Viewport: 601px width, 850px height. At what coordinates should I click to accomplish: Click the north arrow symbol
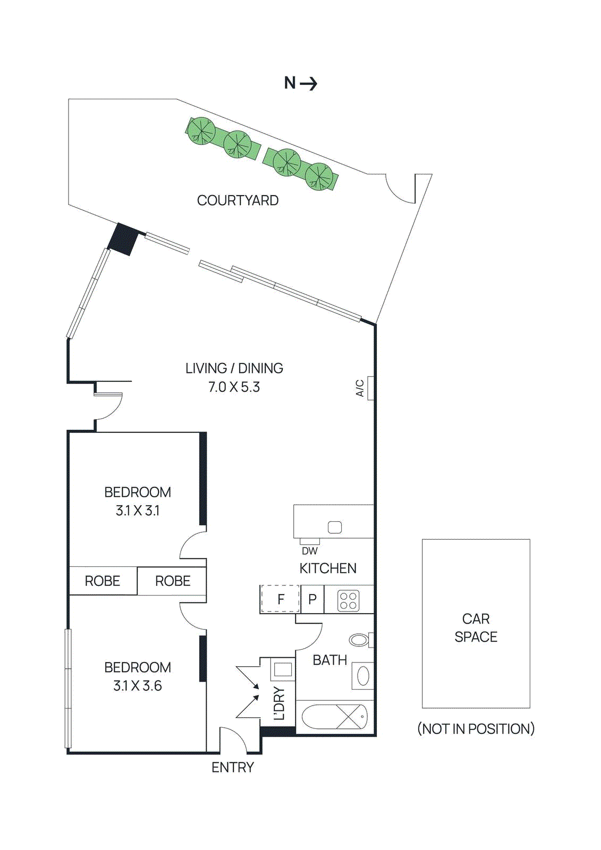point(301,83)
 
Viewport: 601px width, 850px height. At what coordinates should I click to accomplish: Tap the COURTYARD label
point(238,200)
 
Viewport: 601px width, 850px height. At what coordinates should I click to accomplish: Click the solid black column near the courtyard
point(123,239)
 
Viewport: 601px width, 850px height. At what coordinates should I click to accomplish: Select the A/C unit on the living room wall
point(370,388)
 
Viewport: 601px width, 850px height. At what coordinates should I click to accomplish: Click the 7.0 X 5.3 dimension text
point(234,387)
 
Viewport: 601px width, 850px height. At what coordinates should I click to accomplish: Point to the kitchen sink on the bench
point(335,527)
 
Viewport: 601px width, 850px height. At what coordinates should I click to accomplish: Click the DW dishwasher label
point(309,551)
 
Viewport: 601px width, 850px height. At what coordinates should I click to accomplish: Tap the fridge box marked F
point(280,599)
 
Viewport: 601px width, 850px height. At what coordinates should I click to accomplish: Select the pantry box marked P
point(312,599)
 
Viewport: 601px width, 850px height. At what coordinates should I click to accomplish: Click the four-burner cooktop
point(349,601)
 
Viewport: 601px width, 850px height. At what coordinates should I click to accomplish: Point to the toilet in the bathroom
point(360,640)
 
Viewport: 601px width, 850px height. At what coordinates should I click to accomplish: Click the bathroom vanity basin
point(363,676)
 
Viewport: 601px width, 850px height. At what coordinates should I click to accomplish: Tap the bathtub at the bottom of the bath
point(334,717)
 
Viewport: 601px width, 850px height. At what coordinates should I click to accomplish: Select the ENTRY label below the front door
point(233,767)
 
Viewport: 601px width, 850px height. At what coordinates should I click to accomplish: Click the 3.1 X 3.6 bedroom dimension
point(138,686)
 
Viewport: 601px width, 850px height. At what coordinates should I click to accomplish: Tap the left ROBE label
point(103,581)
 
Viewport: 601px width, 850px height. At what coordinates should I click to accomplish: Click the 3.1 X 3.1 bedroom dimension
point(138,511)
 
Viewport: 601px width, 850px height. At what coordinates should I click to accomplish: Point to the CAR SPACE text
point(476,627)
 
